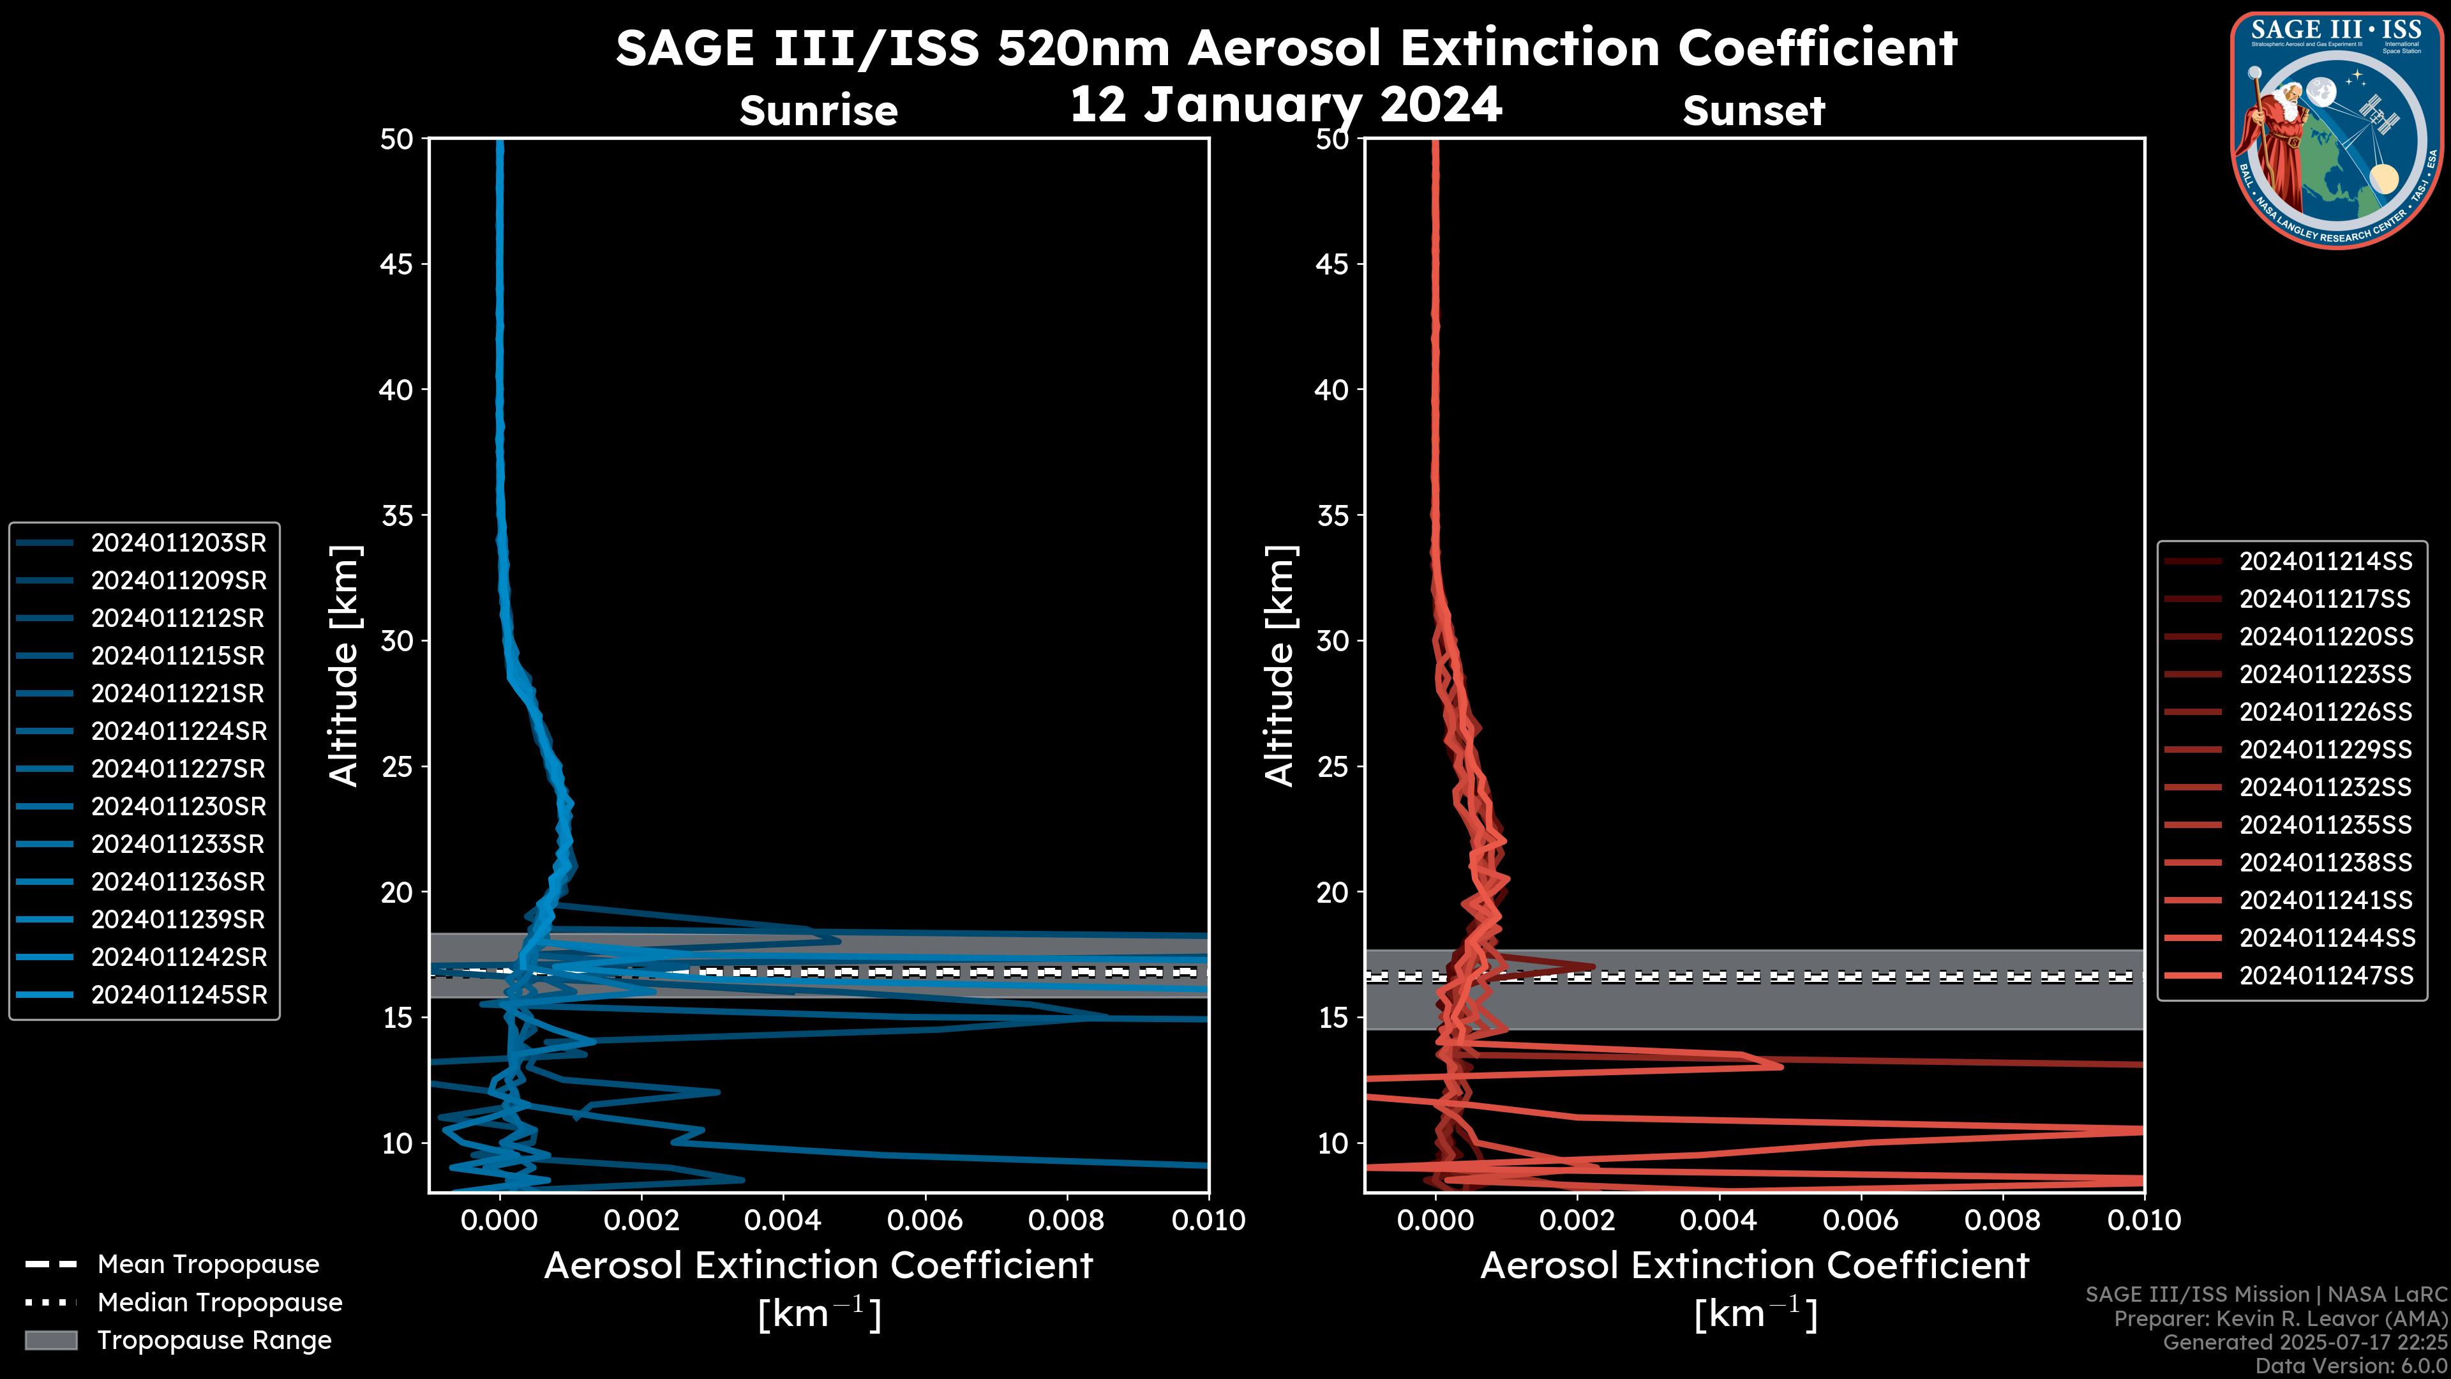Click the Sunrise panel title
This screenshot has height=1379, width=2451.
818,111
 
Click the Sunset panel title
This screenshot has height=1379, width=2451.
1753,111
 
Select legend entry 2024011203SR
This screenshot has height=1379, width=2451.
178,543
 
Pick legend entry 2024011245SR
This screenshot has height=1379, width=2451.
178,995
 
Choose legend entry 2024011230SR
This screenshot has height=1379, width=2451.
178,807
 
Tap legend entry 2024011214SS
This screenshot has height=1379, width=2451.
2325,562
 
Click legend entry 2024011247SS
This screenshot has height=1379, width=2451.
2325,976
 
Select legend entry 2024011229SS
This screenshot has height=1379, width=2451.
2325,750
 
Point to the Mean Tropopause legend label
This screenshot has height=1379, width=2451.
208,1265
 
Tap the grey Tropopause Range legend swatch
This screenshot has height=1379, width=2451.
50,1341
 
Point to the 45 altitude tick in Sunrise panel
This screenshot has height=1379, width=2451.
397,264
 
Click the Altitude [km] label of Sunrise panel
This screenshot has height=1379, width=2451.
345,665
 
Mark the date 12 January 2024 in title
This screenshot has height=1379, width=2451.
1285,105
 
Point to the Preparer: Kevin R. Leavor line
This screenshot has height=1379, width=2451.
2281,1319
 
